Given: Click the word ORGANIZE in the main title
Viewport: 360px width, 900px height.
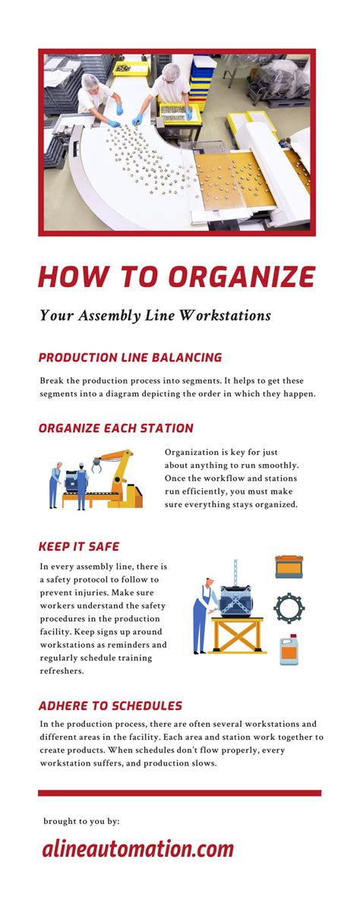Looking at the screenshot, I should (242, 277).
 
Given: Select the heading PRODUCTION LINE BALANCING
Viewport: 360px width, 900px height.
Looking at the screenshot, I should (130, 357).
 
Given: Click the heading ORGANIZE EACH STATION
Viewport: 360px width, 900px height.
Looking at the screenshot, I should (115, 428).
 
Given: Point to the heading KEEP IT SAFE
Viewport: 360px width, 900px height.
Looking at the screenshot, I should (79, 546).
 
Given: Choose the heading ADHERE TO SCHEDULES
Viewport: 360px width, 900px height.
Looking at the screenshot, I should (110, 706).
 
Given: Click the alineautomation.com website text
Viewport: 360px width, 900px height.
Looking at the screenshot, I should (137, 848).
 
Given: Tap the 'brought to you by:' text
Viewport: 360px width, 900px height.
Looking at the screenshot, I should (81, 821).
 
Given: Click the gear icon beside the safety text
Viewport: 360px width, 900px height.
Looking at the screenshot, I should (289, 608).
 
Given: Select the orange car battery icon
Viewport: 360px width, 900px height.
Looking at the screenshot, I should (289, 567).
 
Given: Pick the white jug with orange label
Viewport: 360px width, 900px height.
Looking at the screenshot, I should (289, 650).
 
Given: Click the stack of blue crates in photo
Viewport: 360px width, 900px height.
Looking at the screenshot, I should (203, 77).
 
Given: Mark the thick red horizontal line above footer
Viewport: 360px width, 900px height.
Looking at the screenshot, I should (179, 793).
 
